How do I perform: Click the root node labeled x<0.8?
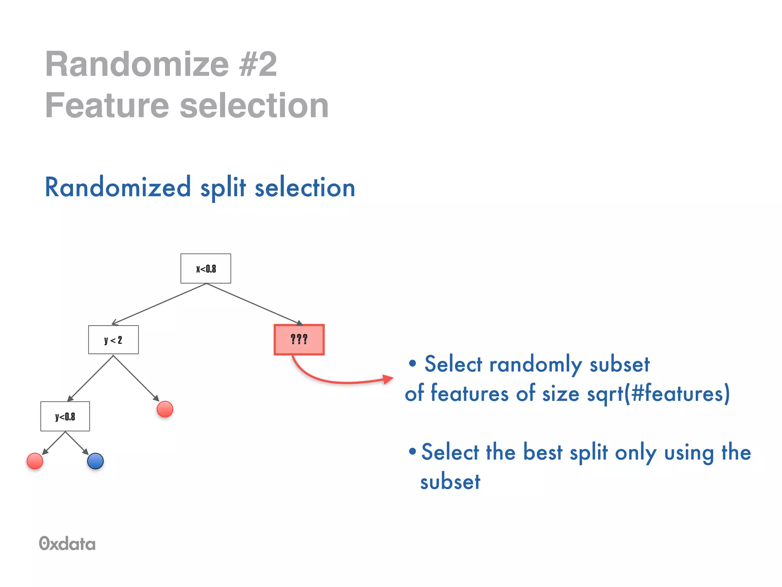(205, 268)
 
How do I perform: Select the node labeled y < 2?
(113, 340)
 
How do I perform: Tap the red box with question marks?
(299, 340)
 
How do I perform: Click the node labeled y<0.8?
(65, 416)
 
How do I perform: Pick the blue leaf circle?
(95, 461)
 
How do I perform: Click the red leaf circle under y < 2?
(165, 409)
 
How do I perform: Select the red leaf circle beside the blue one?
(35, 461)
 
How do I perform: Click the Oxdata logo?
(67, 543)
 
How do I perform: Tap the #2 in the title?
(258, 64)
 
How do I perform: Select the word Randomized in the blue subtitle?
(118, 187)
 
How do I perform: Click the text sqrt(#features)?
(658, 394)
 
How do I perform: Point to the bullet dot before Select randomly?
(412, 363)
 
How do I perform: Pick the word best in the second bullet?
(543, 452)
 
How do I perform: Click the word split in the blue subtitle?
(223, 188)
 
